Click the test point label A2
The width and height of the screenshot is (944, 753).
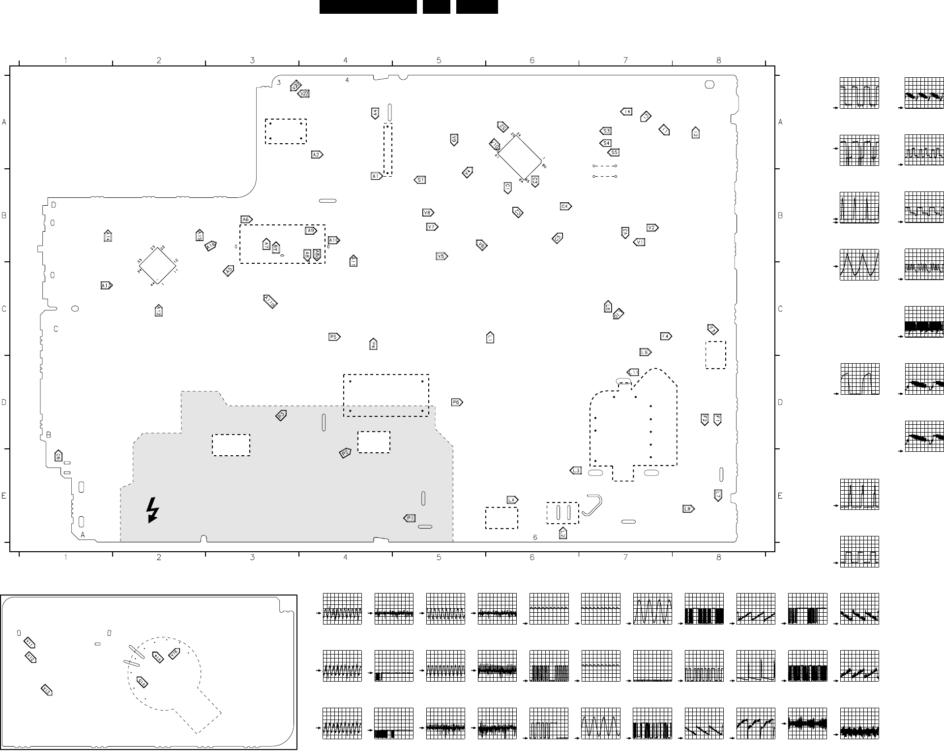[317, 155]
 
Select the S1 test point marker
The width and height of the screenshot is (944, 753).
[420, 180]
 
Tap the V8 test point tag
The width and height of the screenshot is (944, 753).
[428, 213]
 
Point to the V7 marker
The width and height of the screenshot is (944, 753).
[432, 227]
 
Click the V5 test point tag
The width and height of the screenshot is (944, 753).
[442, 256]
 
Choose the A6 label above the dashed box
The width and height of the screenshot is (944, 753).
[246, 220]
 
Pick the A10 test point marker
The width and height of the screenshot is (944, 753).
[334, 240]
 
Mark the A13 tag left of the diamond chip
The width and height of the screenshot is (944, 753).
[106, 285]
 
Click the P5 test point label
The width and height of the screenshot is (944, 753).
[334, 337]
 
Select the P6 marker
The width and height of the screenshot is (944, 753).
[457, 403]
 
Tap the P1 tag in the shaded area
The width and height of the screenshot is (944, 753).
[410, 518]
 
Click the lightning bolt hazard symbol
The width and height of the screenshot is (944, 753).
[153, 510]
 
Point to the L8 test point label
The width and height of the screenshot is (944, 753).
[688, 509]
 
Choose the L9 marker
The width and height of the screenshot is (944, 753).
[645, 352]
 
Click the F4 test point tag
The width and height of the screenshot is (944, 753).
[666, 336]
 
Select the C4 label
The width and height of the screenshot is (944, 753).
[565, 206]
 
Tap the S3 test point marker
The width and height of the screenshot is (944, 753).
[606, 131]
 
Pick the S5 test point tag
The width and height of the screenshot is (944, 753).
[614, 153]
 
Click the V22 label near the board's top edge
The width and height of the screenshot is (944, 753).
[304, 94]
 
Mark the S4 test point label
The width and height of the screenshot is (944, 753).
[606, 143]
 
